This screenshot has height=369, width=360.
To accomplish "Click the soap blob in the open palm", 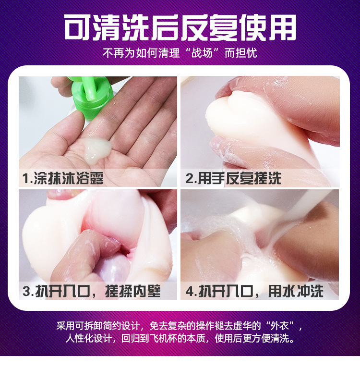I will (96, 148).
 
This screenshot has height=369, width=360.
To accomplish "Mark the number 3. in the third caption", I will (28, 291).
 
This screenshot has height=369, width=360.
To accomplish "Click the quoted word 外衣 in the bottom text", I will (283, 325).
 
